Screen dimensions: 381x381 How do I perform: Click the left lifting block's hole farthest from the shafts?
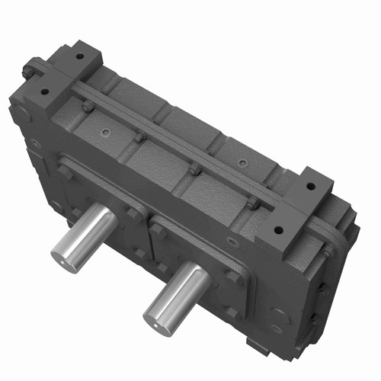[79, 56]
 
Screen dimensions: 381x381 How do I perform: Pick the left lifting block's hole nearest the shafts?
[45, 91]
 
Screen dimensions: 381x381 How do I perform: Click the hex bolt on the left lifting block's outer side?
[28, 72]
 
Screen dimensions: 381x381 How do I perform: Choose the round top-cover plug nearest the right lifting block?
[242, 163]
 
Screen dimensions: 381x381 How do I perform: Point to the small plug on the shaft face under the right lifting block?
[232, 242]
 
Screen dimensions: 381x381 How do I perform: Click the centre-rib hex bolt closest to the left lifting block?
[90, 107]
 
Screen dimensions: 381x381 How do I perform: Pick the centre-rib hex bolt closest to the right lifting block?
[251, 203]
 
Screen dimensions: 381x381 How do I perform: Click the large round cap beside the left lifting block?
[21, 114]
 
